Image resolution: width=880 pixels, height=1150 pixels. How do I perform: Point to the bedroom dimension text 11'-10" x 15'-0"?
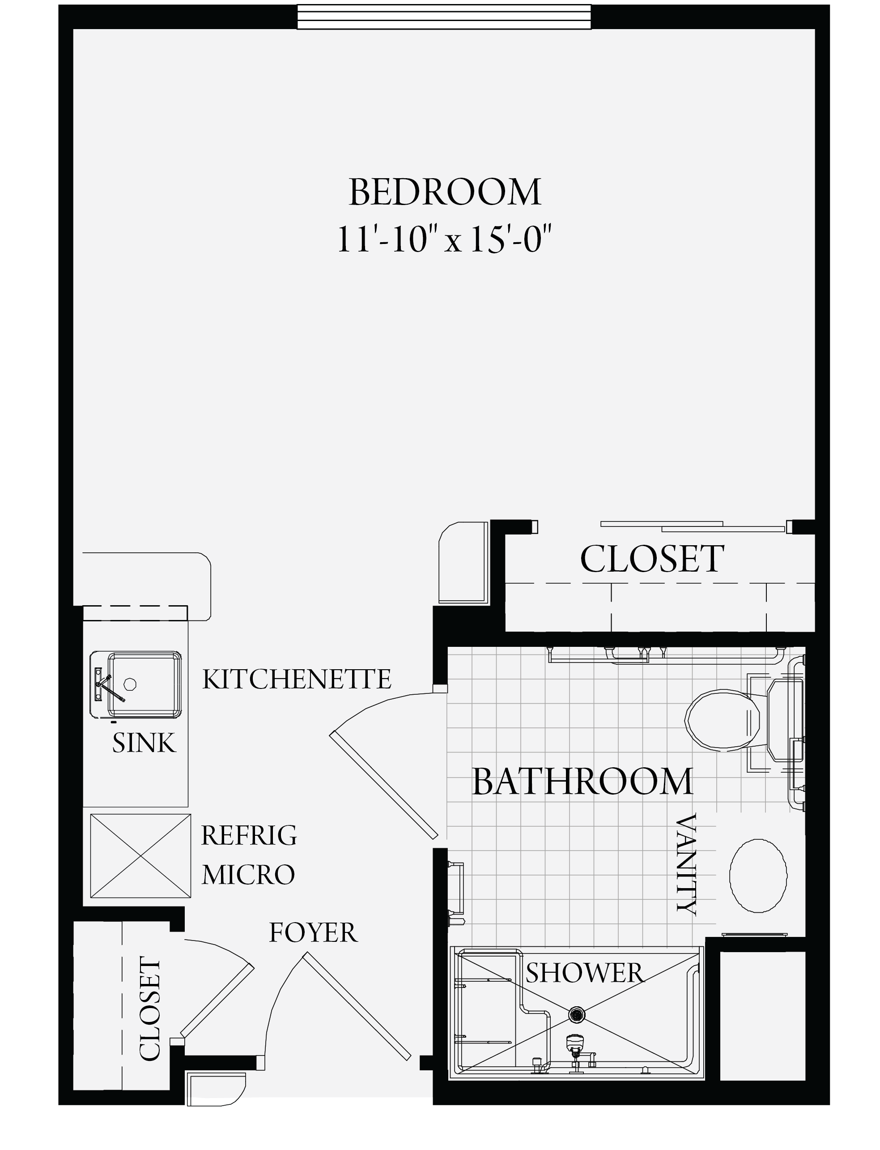click(444, 239)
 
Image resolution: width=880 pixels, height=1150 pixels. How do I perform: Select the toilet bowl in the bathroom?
click(723, 719)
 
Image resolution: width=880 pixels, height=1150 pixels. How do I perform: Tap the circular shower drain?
click(577, 1015)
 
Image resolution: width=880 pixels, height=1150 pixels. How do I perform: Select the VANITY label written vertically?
click(686, 864)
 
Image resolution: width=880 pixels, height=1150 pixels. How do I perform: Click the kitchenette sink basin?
click(144, 684)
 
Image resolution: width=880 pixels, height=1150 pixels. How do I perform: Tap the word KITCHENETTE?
click(297, 680)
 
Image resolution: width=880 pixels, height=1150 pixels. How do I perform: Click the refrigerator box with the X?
click(140, 855)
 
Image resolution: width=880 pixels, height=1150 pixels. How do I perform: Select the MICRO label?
click(248, 874)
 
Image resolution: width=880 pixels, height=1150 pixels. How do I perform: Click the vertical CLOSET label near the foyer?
click(149, 1009)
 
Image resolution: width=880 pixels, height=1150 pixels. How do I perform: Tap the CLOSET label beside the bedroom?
click(652, 559)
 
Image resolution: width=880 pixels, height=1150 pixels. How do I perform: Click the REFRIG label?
click(249, 835)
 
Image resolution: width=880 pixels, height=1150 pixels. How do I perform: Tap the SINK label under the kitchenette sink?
click(144, 743)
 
